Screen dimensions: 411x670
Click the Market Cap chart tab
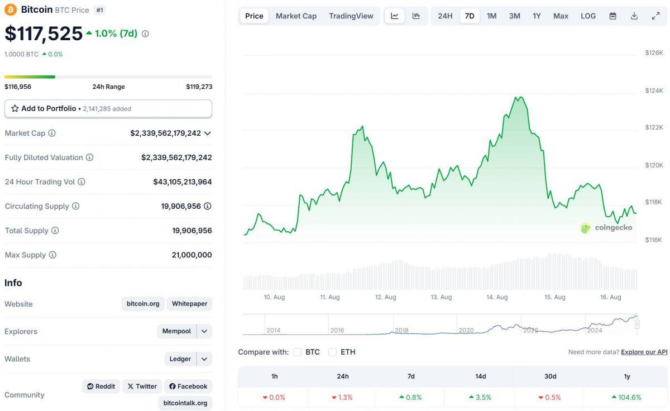[x=296, y=16]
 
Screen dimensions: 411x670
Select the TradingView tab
[x=351, y=16]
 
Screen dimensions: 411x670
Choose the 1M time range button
[x=491, y=16]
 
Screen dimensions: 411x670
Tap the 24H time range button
[x=445, y=16]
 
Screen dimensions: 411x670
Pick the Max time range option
[x=561, y=16]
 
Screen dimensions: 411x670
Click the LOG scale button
[x=588, y=16]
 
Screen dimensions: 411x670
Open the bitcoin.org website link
[x=143, y=304]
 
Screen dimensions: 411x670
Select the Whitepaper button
[x=189, y=304]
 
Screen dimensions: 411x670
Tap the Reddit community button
[x=101, y=386]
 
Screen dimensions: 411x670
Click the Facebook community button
[x=188, y=386]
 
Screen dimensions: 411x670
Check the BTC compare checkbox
[x=298, y=352]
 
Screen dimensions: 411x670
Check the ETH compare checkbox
[x=333, y=352]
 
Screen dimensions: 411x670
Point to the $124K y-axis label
[x=654, y=90]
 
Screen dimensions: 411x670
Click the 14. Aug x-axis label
[x=497, y=297]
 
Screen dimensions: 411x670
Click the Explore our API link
[x=644, y=352]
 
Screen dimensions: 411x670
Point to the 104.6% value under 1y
[x=627, y=398]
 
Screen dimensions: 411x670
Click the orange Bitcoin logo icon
[x=11, y=9]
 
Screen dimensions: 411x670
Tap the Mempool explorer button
[x=176, y=331]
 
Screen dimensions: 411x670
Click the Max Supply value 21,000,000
[x=192, y=255]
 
